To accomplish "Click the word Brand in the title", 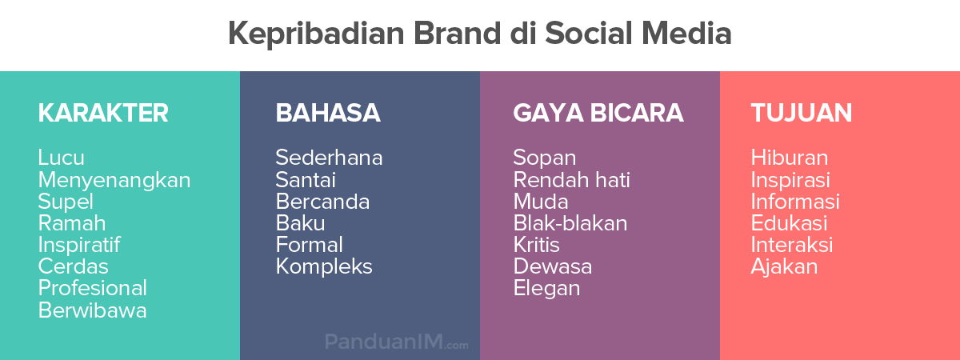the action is tap(457, 34).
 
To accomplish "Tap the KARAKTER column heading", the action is tap(103, 113).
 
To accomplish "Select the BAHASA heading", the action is tap(328, 113).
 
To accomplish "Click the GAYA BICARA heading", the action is tap(598, 113).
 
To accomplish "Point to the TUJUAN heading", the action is tap(802, 113).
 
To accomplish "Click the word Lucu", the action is tap(62, 158).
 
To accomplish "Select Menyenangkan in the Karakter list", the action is tap(114, 181).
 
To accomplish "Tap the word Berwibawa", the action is tap(93, 310).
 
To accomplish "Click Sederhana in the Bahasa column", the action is tap(329, 158).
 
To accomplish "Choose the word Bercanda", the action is tap(322, 202).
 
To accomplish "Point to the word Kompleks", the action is tap(324, 267).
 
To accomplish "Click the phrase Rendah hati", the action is tap(572, 179).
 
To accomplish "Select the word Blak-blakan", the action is tap(570, 223).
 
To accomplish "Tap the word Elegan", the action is tap(547, 289).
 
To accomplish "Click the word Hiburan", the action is tap(790, 158).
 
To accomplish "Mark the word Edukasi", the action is tap(789, 223).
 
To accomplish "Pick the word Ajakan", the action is tap(784, 267).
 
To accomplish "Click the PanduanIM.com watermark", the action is tap(397, 342).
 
